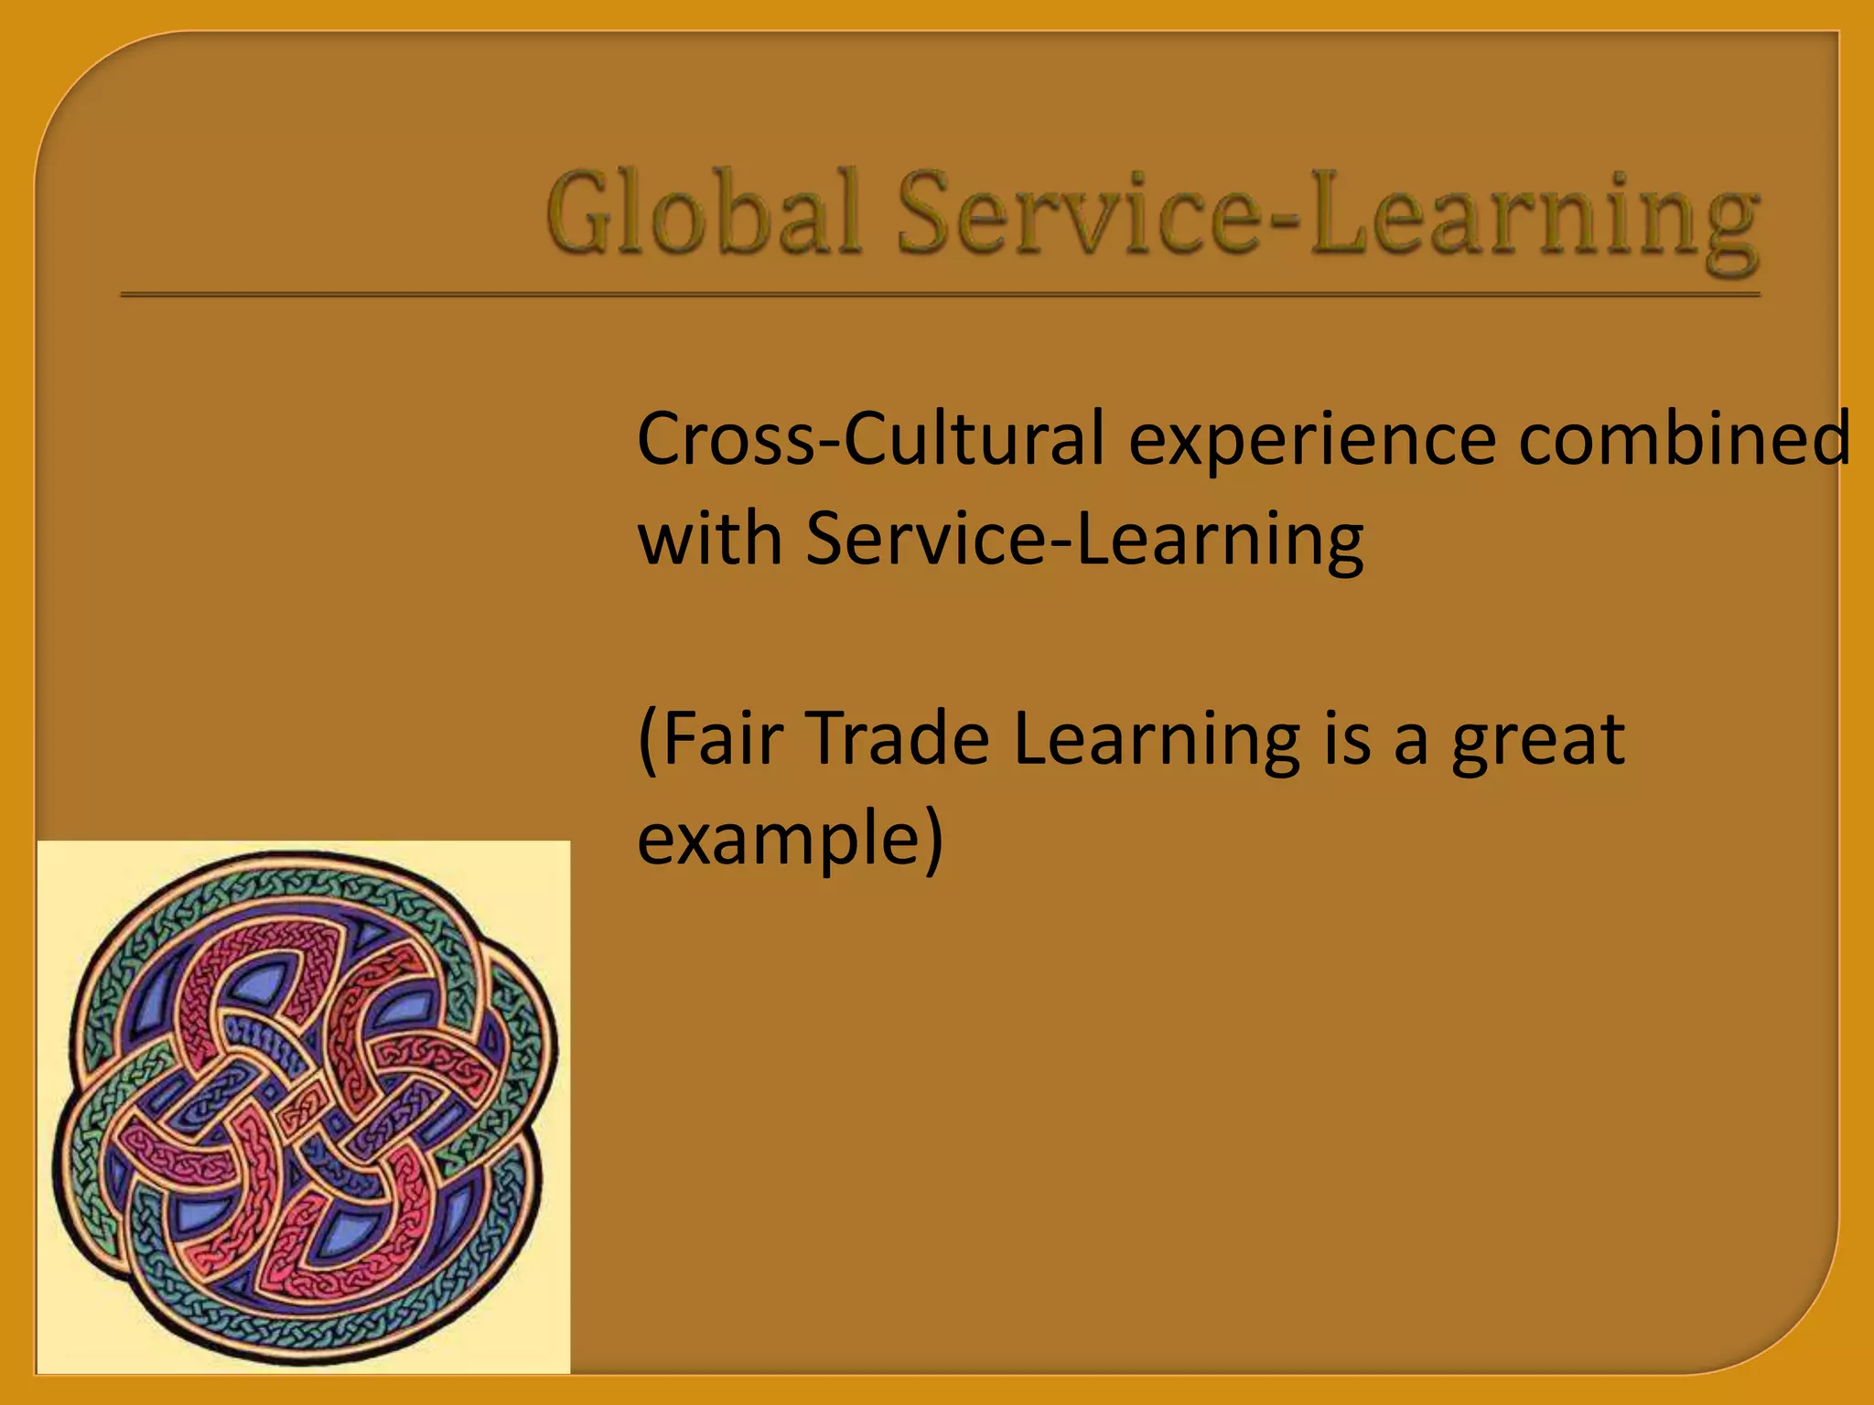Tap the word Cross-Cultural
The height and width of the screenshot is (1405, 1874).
(870, 439)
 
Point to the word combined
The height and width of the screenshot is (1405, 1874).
(1685, 439)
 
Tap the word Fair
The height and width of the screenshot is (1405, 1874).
(722, 738)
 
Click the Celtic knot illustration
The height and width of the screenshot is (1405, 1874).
(303, 1107)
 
